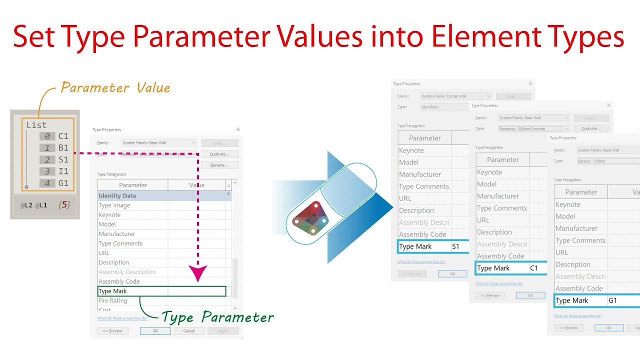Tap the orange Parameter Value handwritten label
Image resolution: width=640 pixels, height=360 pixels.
point(115,88)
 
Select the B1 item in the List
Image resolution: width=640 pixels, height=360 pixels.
point(63,148)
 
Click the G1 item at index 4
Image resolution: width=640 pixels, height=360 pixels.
point(63,183)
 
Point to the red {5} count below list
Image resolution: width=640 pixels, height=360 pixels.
point(63,204)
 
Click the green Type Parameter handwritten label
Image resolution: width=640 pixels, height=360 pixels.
point(218,317)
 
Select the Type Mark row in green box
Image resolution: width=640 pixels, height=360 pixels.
point(161,291)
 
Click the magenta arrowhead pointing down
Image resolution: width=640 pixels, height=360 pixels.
point(198,273)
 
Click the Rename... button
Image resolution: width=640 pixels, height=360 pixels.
point(219,165)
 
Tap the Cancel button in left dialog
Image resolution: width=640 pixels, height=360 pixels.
point(189,331)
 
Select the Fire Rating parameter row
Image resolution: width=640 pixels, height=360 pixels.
point(113,300)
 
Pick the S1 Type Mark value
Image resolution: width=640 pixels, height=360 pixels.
point(456,246)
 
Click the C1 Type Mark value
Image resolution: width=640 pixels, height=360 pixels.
point(534,268)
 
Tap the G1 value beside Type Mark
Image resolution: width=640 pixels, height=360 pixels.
point(613,300)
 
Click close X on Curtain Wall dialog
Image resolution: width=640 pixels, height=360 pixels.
point(530,83)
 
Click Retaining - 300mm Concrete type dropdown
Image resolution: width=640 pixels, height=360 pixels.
point(533,128)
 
